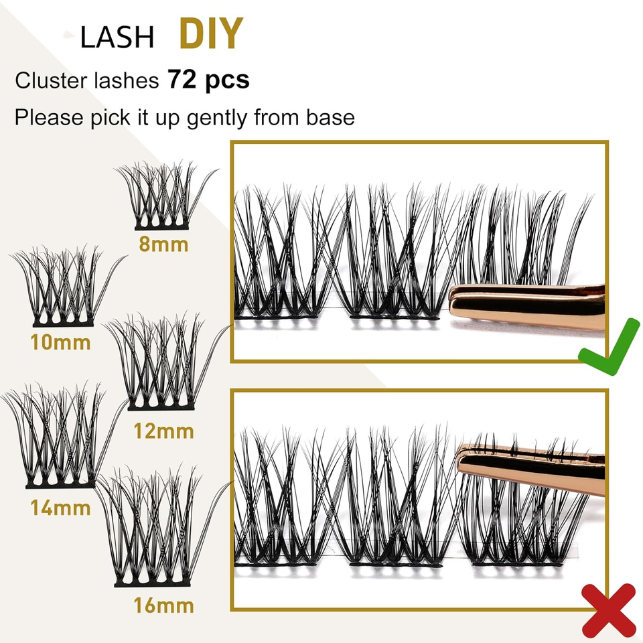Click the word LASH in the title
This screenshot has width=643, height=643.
coord(117,38)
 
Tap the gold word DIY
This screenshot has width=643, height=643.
coord(211,33)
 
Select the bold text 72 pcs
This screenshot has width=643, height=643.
coord(208,79)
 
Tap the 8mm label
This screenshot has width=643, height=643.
coord(163,244)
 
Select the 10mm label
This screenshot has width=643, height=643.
coord(61,342)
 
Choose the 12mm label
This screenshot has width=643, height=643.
coord(163,431)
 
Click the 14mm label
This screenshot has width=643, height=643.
coord(61,508)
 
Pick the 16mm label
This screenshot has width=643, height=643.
coord(163,605)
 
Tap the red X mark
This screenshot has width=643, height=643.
coord(609,611)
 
